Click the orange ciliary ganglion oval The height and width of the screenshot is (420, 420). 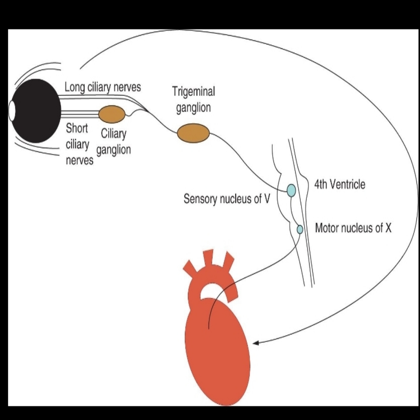(112, 114)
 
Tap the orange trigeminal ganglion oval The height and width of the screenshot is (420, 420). (193, 133)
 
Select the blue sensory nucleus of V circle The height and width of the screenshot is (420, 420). (291, 190)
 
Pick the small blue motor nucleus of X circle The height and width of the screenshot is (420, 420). (300, 229)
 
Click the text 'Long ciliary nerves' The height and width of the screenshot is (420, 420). (103, 87)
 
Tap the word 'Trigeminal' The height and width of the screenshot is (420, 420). (193, 92)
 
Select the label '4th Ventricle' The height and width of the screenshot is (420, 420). (340, 184)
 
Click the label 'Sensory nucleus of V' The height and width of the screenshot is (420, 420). (227, 199)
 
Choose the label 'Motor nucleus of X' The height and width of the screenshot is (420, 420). (353, 228)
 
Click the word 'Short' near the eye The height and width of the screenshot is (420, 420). (77, 128)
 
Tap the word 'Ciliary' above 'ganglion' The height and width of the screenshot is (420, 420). (114, 134)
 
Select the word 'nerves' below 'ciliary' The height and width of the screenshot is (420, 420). (80, 160)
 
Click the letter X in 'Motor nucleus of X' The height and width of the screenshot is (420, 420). (388, 228)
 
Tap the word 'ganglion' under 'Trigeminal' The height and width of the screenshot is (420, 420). (193, 108)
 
